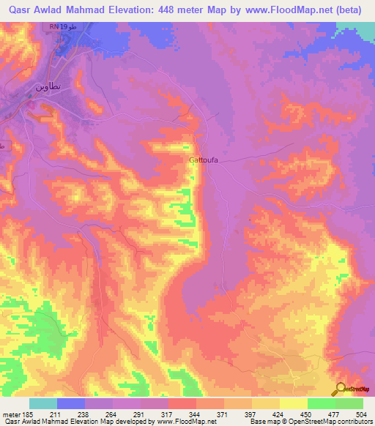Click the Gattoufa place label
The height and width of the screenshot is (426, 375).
(199, 158)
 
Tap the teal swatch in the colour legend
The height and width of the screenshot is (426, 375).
(43, 403)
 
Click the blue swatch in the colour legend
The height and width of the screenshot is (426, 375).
(71, 403)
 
